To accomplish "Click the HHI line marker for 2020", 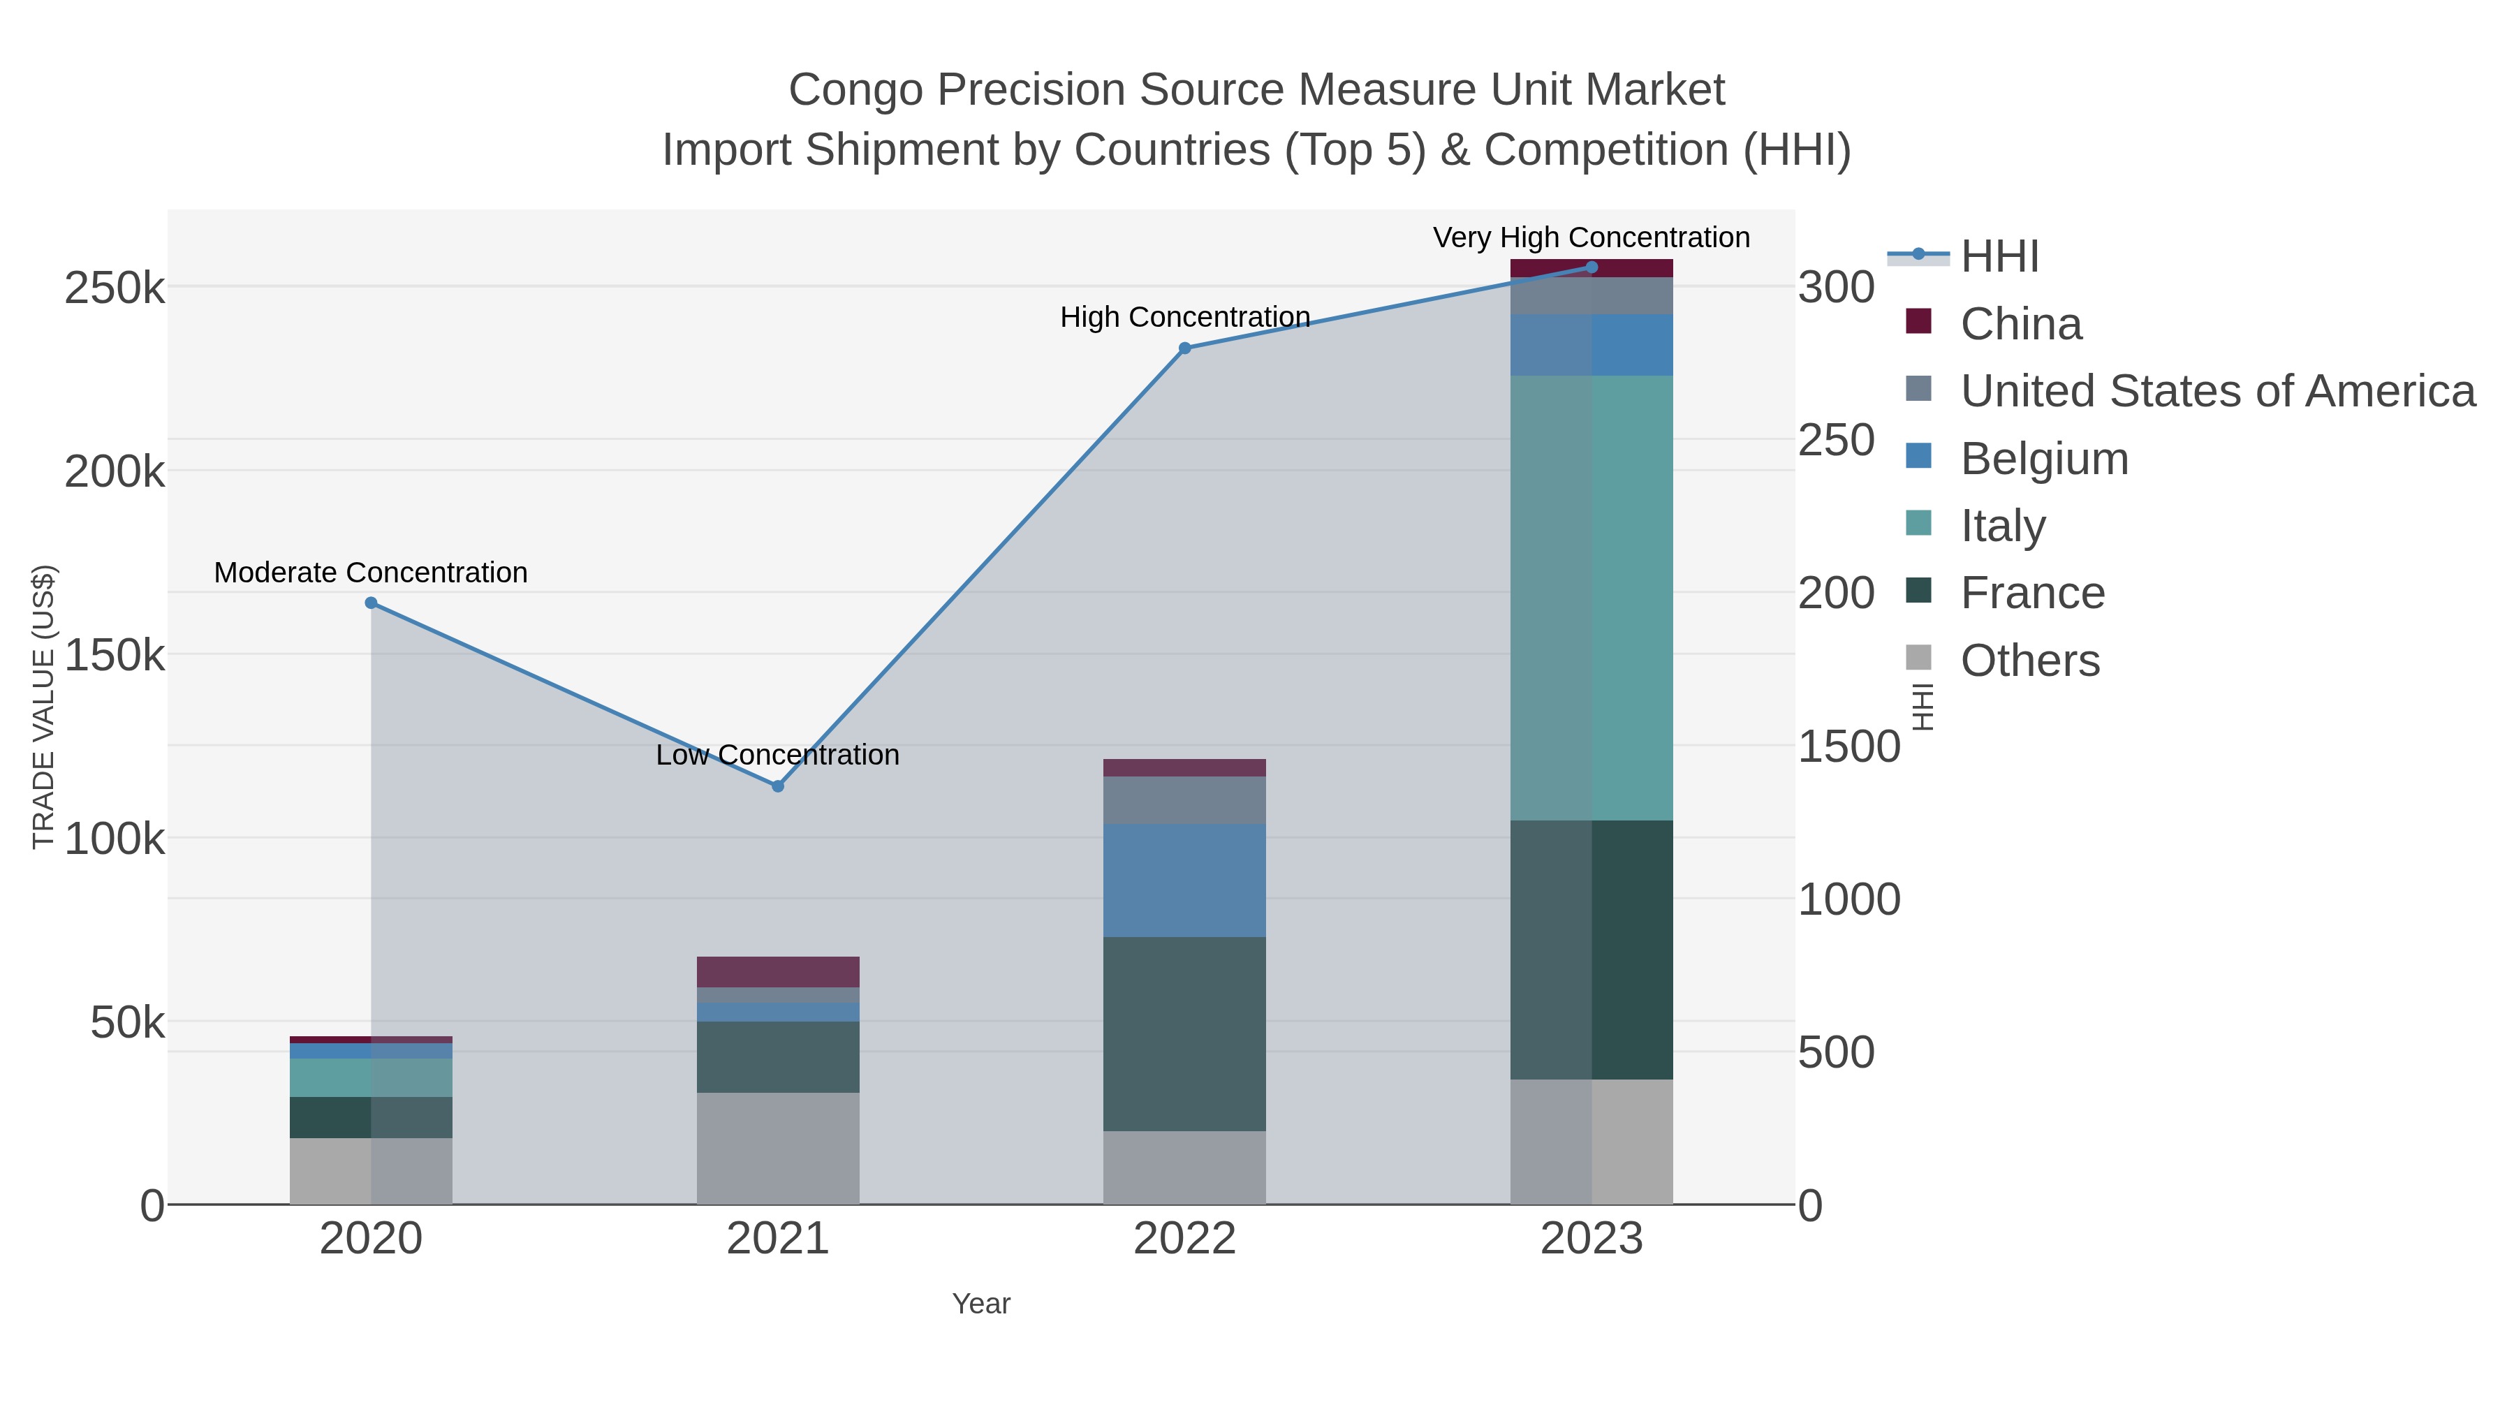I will pos(371,603).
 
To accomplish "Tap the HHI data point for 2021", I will pos(778,786).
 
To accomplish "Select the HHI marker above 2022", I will pos(1185,348).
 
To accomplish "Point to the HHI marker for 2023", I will pos(1592,267).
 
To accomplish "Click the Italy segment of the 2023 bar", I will pos(1592,597).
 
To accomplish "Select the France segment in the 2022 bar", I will pos(1185,1033).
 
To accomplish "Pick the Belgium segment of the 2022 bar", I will pos(1185,881).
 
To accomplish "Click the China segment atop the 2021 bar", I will pos(778,972).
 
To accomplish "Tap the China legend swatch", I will pos(1919,322).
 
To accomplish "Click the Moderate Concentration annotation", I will pos(371,573).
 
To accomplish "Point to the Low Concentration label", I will pos(778,756).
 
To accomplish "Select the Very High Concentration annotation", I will pos(1591,238).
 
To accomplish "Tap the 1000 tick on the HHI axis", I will pos(1848,900).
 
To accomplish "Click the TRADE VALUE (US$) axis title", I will pos(44,707).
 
